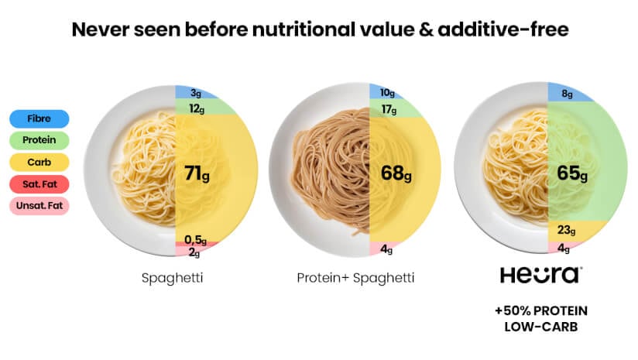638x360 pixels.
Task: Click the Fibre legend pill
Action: point(39,119)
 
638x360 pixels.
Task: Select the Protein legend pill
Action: point(39,141)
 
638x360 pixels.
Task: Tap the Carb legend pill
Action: point(39,163)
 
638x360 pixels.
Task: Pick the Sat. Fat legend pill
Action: point(39,184)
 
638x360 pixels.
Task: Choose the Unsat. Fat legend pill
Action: point(39,207)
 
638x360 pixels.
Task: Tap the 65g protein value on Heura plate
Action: point(572,173)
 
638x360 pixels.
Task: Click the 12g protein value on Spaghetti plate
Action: point(197,108)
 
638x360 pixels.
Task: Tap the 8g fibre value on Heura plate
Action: point(567,94)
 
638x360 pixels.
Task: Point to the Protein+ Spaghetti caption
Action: point(355,277)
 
